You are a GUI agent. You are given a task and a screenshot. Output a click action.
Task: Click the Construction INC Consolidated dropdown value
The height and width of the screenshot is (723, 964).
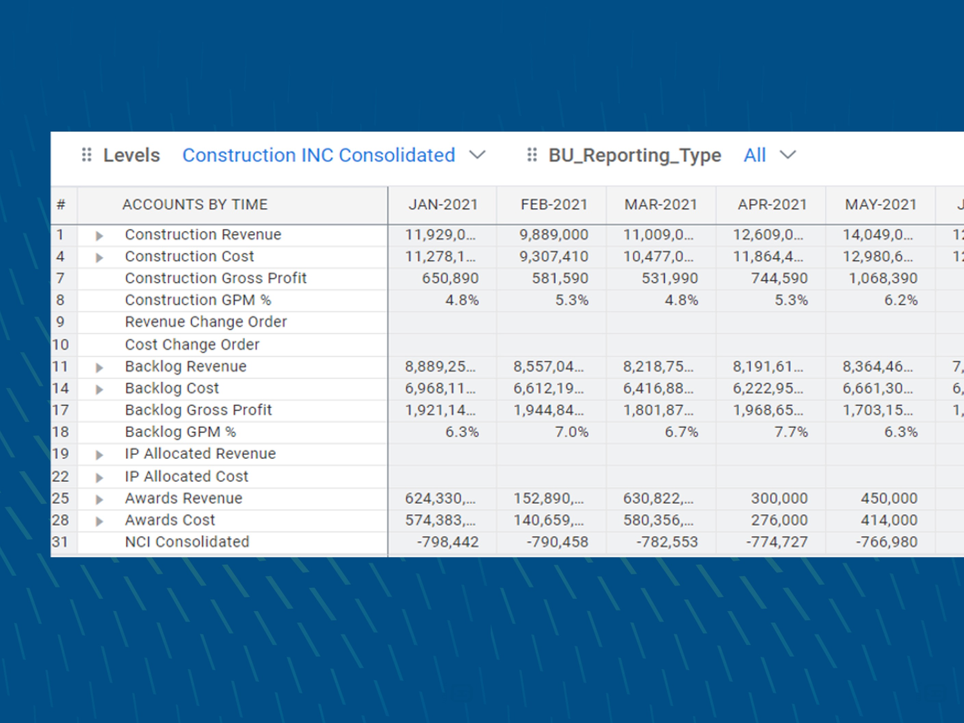pos(319,156)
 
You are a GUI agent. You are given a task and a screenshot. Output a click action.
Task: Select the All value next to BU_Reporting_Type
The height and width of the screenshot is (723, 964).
pos(754,156)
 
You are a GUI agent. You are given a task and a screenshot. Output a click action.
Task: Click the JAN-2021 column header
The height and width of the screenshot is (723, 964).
pos(443,205)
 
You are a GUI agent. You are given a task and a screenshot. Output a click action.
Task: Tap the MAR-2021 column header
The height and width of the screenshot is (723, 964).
pos(661,205)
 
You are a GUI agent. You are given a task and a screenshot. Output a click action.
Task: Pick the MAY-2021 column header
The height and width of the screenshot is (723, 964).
pos(880,205)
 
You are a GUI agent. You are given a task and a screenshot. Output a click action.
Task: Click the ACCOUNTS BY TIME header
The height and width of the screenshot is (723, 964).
pos(195,205)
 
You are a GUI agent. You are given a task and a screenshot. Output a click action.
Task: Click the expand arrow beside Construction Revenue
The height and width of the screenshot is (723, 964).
pos(99,236)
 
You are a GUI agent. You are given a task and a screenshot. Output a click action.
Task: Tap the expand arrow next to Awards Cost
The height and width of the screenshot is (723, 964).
pos(99,521)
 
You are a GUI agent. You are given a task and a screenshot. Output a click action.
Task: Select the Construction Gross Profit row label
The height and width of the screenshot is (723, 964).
pos(215,278)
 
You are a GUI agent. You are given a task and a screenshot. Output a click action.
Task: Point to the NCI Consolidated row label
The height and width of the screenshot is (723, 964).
pos(187,542)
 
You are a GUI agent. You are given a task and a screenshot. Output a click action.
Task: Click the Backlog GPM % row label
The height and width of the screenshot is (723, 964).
pos(180,432)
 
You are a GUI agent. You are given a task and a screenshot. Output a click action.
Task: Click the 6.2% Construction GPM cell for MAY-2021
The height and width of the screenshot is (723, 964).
pos(900,300)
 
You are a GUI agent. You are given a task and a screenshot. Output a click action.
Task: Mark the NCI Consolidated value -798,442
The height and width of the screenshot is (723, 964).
pos(447,542)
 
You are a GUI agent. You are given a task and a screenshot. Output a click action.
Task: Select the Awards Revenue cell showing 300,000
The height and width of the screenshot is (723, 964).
pos(779,498)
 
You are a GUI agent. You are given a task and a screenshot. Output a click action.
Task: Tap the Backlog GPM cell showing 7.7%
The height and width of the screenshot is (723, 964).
pos(790,432)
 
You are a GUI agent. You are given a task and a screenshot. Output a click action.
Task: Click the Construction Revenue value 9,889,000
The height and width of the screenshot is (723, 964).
pos(553,235)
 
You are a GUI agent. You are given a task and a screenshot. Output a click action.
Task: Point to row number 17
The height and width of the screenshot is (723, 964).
pos(60,410)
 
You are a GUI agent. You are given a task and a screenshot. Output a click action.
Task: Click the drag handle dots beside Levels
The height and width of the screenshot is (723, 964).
pos(87,155)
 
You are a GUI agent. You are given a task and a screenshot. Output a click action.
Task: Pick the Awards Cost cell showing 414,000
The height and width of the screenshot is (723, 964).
pos(889,520)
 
